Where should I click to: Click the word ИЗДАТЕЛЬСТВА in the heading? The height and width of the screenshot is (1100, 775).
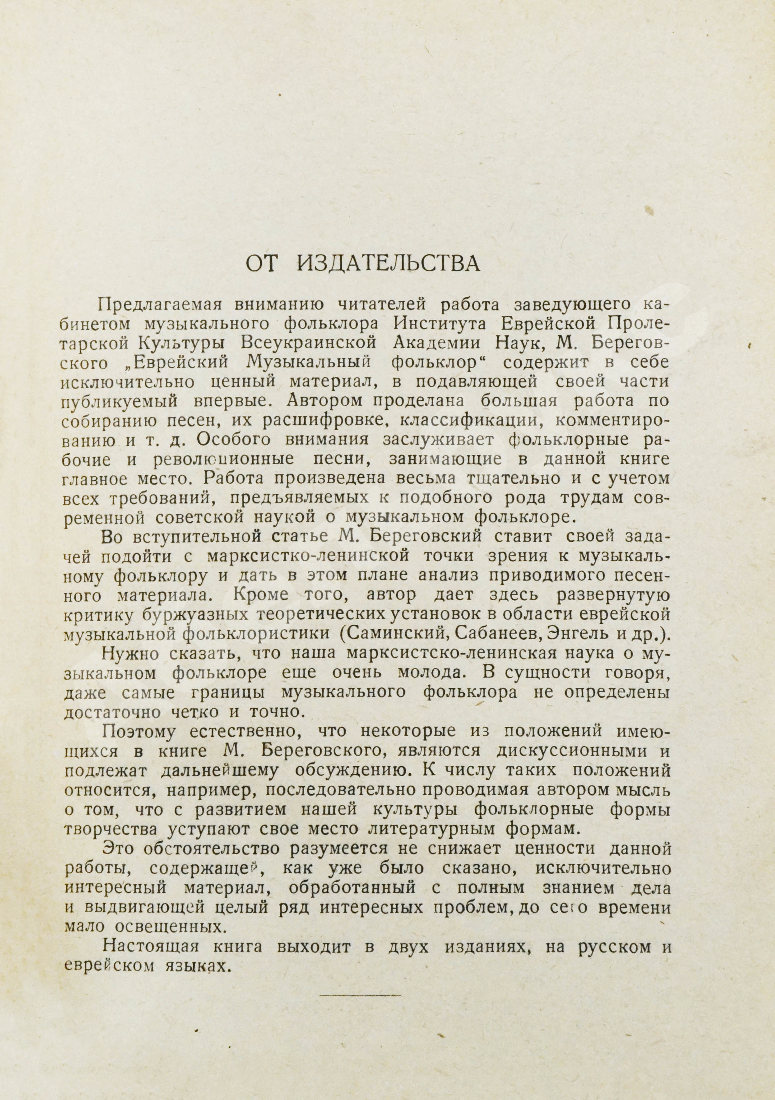point(389,264)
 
